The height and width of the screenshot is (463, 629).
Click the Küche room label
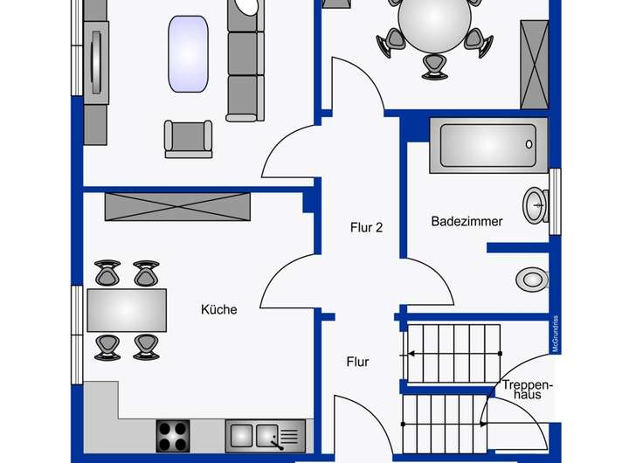click(x=218, y=309)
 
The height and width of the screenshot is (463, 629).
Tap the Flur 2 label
click(x=366, y=227)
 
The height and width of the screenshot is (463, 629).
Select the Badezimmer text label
click(x=467, y=221)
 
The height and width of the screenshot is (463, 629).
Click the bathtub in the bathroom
click(x=488, y=145)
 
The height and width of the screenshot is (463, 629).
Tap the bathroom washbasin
click(x=536, y=205)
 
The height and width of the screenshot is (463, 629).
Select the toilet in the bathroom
click(x=532, y=280)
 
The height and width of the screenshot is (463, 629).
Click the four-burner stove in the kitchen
click(x=173, y=436)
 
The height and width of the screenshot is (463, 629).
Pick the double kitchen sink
click(x=266, y=436)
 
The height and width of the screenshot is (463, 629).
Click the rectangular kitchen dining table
click(x=127, y=310)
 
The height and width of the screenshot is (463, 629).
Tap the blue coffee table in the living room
click(x=188, y=54)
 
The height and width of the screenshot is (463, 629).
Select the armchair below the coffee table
click(x=188, y=139)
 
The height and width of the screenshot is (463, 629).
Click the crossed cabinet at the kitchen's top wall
click(x=177, y=207)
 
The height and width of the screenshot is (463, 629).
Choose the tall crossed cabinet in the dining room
click(x=535, y=65)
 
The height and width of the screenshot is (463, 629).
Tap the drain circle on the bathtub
click(x=529, y=144)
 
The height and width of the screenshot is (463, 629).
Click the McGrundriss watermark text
click(x=556, y=334)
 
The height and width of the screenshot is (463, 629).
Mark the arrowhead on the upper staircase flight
click(x=411, y=354)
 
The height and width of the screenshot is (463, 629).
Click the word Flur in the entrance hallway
click(x=357, y=362)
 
